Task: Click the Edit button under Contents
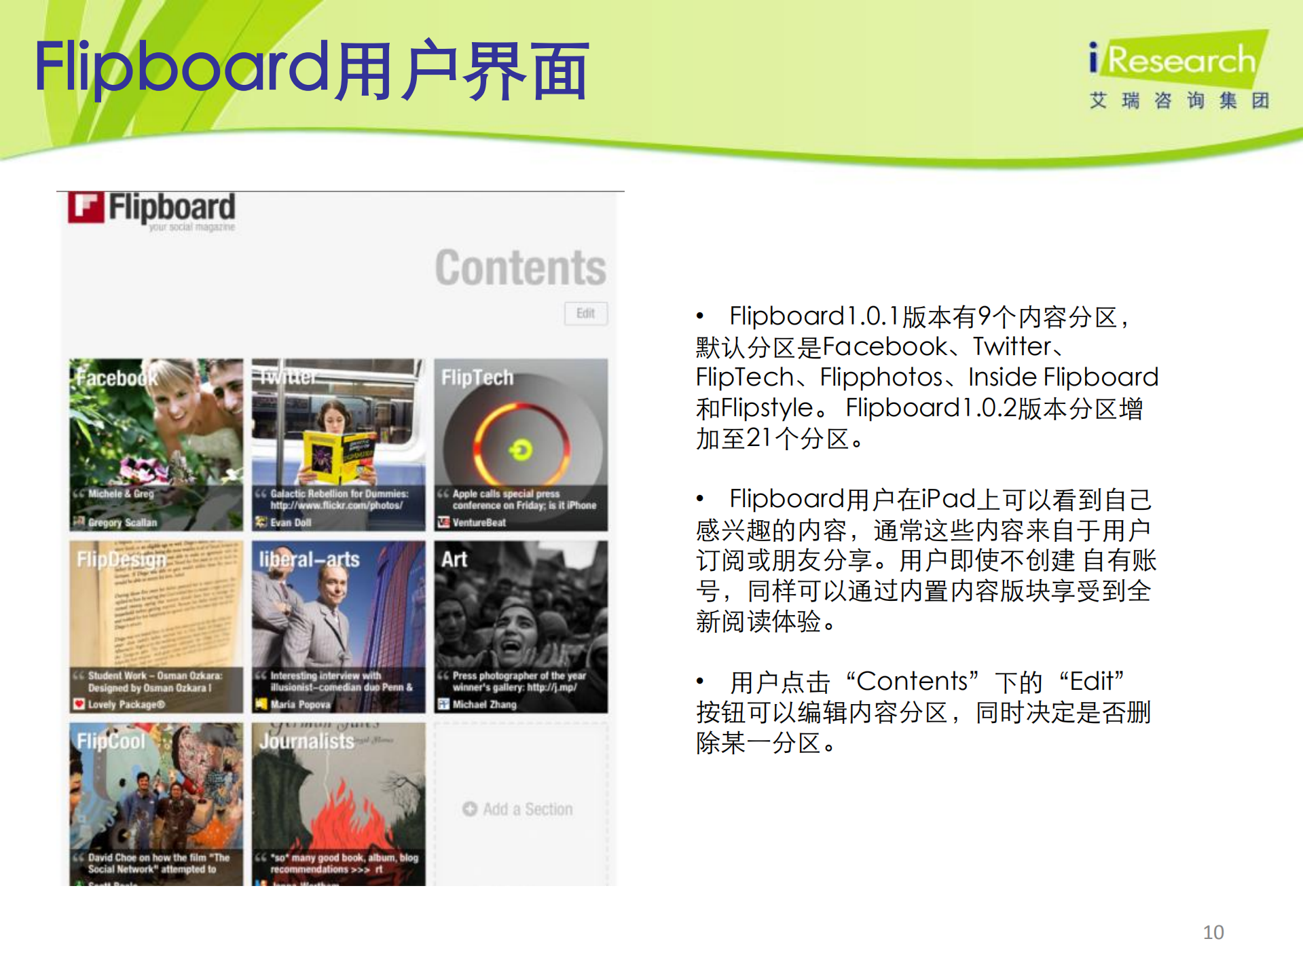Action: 585,313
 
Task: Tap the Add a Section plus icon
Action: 470,809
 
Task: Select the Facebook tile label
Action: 115,377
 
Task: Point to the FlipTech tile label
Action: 477,377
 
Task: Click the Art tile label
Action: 454,559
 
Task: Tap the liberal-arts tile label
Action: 310,559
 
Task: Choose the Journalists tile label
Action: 307,741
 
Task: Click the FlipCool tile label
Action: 111,741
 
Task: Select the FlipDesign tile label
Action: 122,559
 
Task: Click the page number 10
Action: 1213,932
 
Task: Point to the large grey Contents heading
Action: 520,268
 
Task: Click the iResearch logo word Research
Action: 1181,60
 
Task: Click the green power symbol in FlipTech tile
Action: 521,449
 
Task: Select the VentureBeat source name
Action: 479,522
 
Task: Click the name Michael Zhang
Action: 484,704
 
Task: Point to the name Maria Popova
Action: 300,704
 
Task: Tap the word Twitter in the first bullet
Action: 1012,347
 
